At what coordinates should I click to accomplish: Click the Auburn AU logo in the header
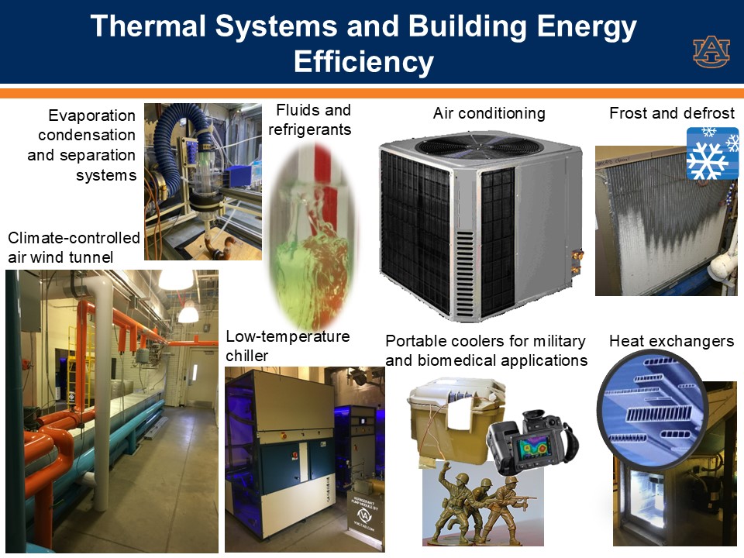coord(711,51)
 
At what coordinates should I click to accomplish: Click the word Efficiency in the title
coord(363,62)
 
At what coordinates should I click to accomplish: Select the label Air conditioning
coord(489,113)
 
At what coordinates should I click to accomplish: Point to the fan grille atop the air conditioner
coord(479,144)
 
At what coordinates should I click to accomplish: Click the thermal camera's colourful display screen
coord(532,449)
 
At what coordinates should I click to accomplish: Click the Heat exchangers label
coord(671,341)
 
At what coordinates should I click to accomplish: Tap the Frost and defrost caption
coord(672,113)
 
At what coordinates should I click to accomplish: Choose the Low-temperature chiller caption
coord(288,346)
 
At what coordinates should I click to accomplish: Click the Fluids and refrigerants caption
coord(309,119)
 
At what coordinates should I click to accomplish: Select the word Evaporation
coord(92,115)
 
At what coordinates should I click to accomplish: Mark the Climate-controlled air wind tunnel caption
coord(74,247)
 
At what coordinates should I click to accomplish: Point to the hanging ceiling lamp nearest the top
coord(176,279)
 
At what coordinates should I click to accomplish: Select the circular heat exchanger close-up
coord(652,409)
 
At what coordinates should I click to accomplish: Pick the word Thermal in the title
coord(148,26)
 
